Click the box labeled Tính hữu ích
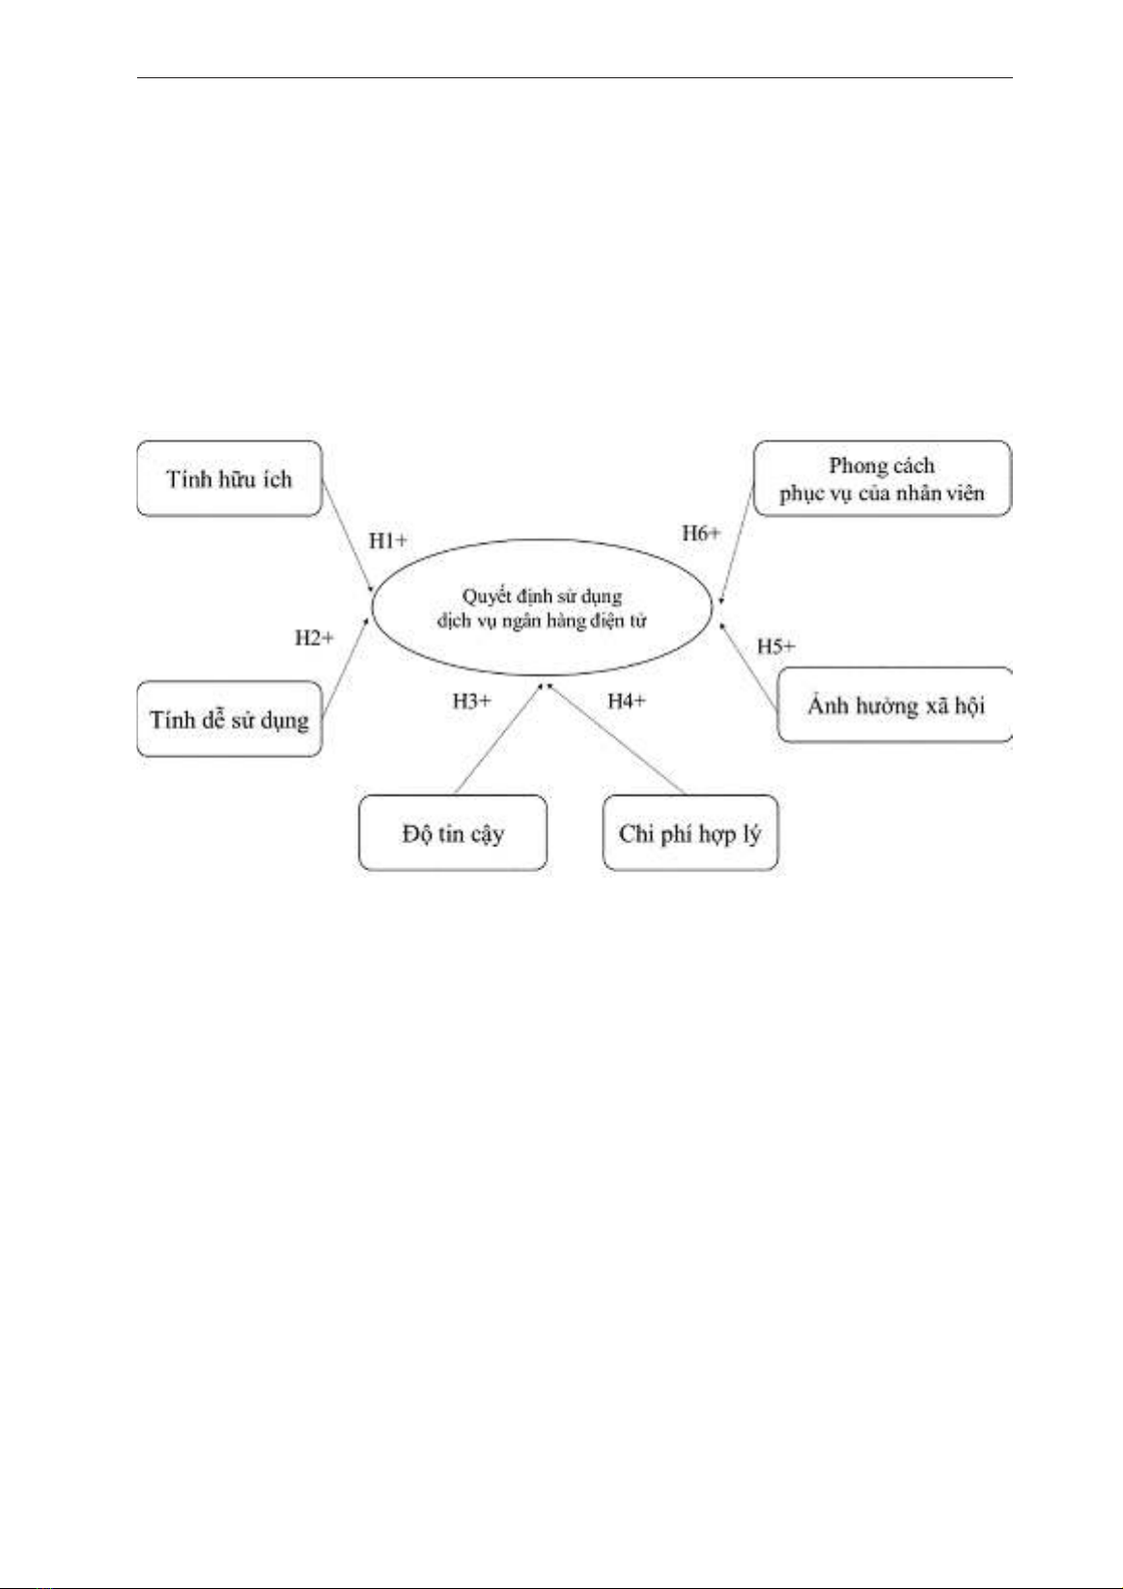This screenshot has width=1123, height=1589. coord(229,478)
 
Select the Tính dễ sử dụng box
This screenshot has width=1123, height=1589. coord(229,720)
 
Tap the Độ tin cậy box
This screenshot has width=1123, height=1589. coord(453,833)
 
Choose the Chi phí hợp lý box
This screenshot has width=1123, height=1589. coord(690,833)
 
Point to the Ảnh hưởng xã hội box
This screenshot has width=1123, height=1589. coord(895,705)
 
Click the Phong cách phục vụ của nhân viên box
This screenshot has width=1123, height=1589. coord(882,478)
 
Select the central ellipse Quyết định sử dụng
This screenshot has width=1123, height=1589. coord(542,608)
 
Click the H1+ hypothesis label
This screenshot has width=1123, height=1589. coord(388,541)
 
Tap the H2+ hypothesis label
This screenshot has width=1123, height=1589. coord(314,638)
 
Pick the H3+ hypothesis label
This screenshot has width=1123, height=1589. coord(471,701)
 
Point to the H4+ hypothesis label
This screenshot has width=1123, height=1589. coord(627,701)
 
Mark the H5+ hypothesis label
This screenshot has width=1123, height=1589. coord(776,646)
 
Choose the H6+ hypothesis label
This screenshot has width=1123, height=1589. coord(701,533)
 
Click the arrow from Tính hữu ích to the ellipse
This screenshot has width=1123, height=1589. coord(348,536)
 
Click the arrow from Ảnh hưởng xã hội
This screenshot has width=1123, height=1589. coord(748,667)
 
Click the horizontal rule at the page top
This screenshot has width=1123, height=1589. coord(575,77)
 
